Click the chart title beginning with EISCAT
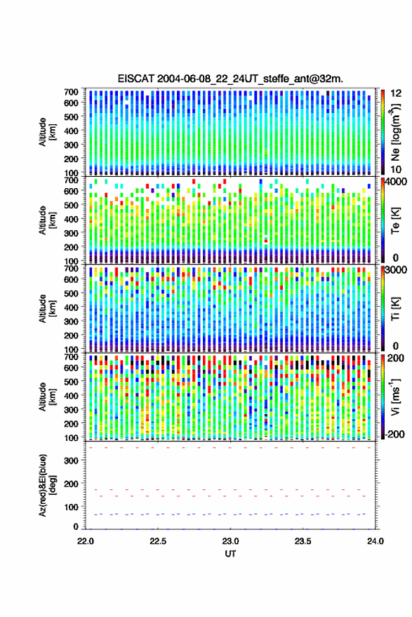(230, 79)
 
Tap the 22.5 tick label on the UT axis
(158, 541)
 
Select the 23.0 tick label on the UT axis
(230, 541)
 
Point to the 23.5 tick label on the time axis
(303, 541)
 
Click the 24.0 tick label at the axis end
(376, 541)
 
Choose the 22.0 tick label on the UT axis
(86, 541)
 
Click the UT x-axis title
(230, 554)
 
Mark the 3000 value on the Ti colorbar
(396, 270)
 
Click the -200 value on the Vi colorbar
(394, 434)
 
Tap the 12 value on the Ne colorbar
(396, 93)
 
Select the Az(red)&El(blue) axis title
(48, 485)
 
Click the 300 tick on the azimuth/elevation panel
(71, 460)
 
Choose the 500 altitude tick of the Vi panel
(71, 381)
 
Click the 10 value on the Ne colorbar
(396, 170)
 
